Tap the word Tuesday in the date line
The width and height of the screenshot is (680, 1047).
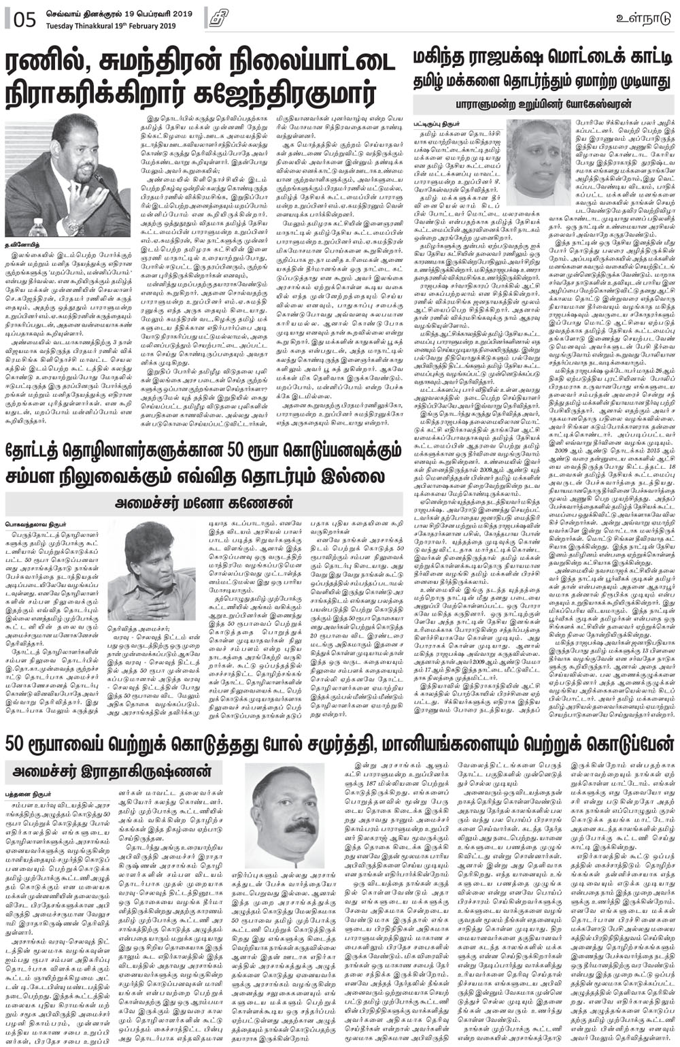(x=62, y=25)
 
